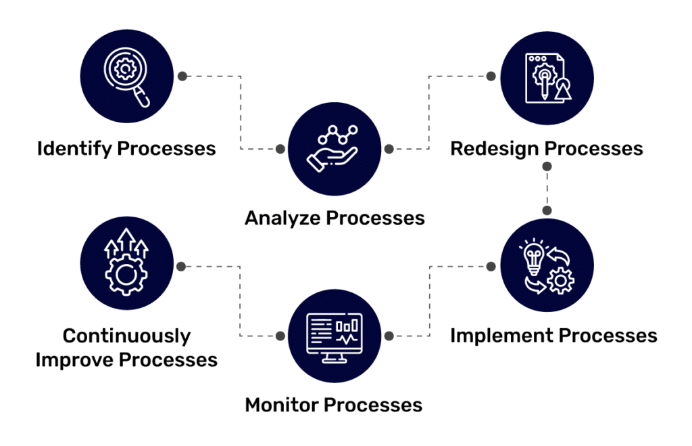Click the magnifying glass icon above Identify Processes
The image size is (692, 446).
pyautogui.click(x=126, y=76)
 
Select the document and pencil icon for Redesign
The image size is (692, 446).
pyautogui.click(x=548, y=77)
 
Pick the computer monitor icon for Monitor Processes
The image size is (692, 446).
pyautogui.click(x=334, y=336)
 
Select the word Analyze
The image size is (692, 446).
pyautogui.click(x=282, y=218)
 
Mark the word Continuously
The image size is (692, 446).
pyautogui.click(x=126, y=336)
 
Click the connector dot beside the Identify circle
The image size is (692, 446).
pyautogui.click(x=181, y=76)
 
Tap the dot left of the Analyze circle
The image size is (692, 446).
pyautogui.click(x=280, y=149)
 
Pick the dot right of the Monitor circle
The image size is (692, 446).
pyautogui.click(x=389, y=336)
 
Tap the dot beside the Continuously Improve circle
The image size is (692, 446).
pyautogui.click(x=181, y=266)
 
